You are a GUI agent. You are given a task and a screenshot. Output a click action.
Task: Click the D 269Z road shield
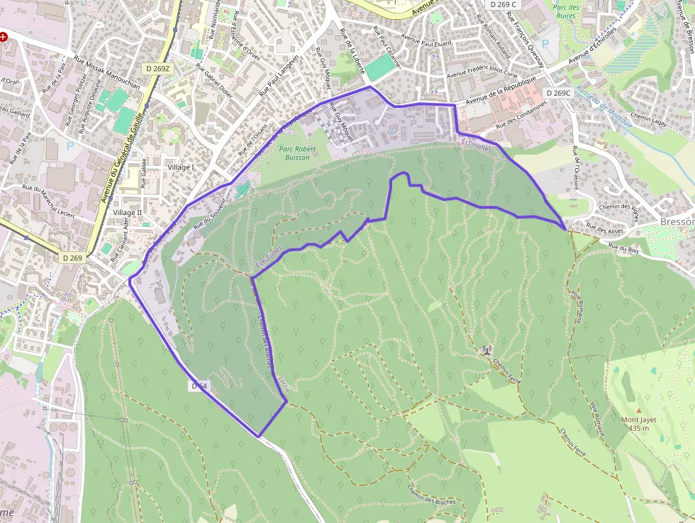click(x=157, y=68)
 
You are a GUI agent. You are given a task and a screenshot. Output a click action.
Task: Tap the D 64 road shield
click(x=199, y=386)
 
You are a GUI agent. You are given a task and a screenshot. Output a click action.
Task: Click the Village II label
click(x=128, y=213)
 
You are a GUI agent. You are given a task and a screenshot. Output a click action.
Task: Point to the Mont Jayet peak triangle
click(x=639, y=410)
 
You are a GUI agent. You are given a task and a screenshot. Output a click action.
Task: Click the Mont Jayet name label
click(x=639, y=424)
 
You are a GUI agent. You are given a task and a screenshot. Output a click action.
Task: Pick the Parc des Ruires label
click(x=566, y=12)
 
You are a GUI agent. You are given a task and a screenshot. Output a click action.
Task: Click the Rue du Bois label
click(x=623, y=248)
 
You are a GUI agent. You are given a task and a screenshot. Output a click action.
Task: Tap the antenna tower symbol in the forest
click(x=486, y=349)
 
